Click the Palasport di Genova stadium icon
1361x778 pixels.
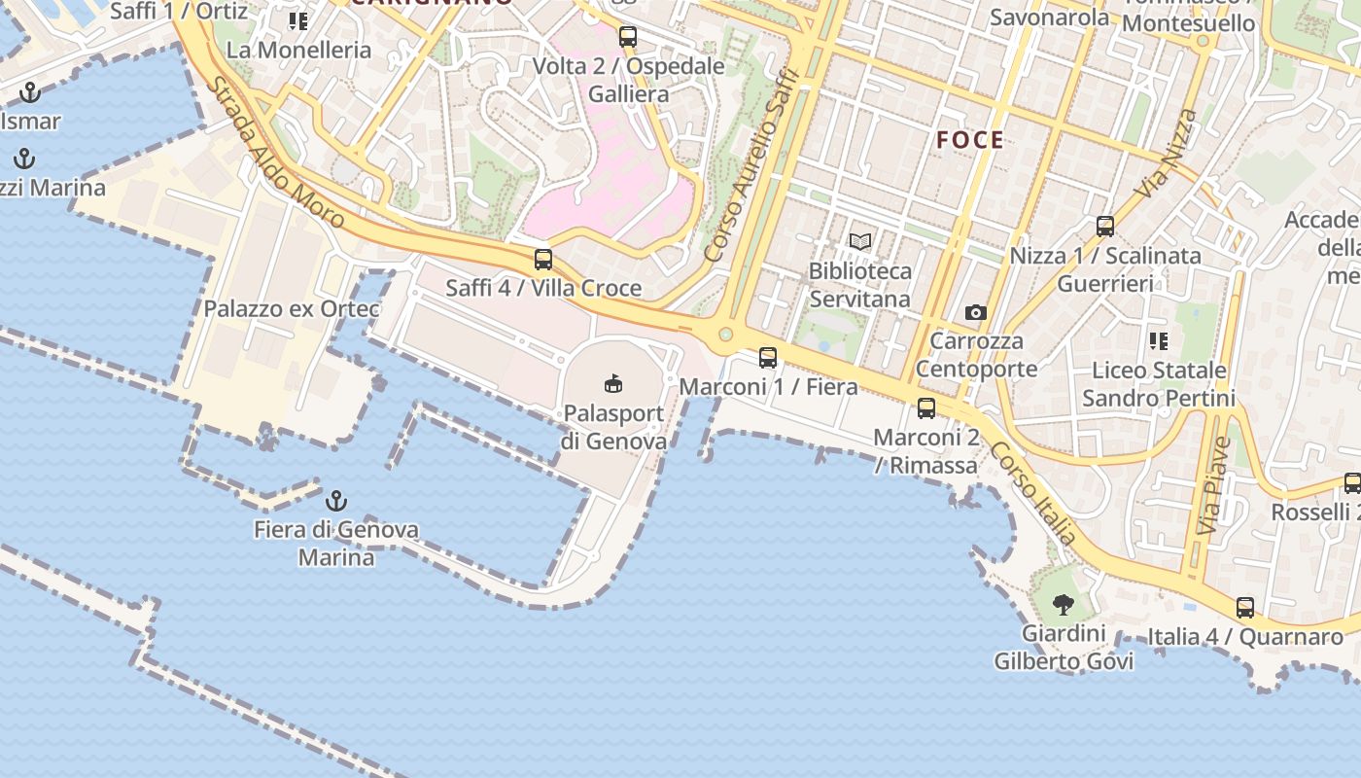tap(613, 383)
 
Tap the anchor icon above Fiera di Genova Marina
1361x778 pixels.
tap(335, 501)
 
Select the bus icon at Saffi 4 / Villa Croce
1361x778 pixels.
tap(543, 260)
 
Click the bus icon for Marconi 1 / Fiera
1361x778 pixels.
tap(768, 358)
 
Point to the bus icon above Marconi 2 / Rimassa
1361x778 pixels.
tap(926, 408)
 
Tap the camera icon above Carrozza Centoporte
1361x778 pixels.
tap(976, 312)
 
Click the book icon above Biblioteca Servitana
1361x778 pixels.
tap(860, 241)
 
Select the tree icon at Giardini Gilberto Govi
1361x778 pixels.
tap(1064, 605)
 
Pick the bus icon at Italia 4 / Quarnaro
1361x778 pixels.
tap(1245, 608)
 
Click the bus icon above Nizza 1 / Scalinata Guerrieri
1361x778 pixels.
tap(1105, 227)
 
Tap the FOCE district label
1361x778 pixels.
tap(970, 140)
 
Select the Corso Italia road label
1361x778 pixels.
tap(1033, 493)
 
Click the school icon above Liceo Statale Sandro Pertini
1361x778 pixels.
tap(1158, 341)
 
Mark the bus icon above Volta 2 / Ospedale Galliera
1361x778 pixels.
tap(628, 37)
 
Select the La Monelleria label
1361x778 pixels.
tap(298, 50)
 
